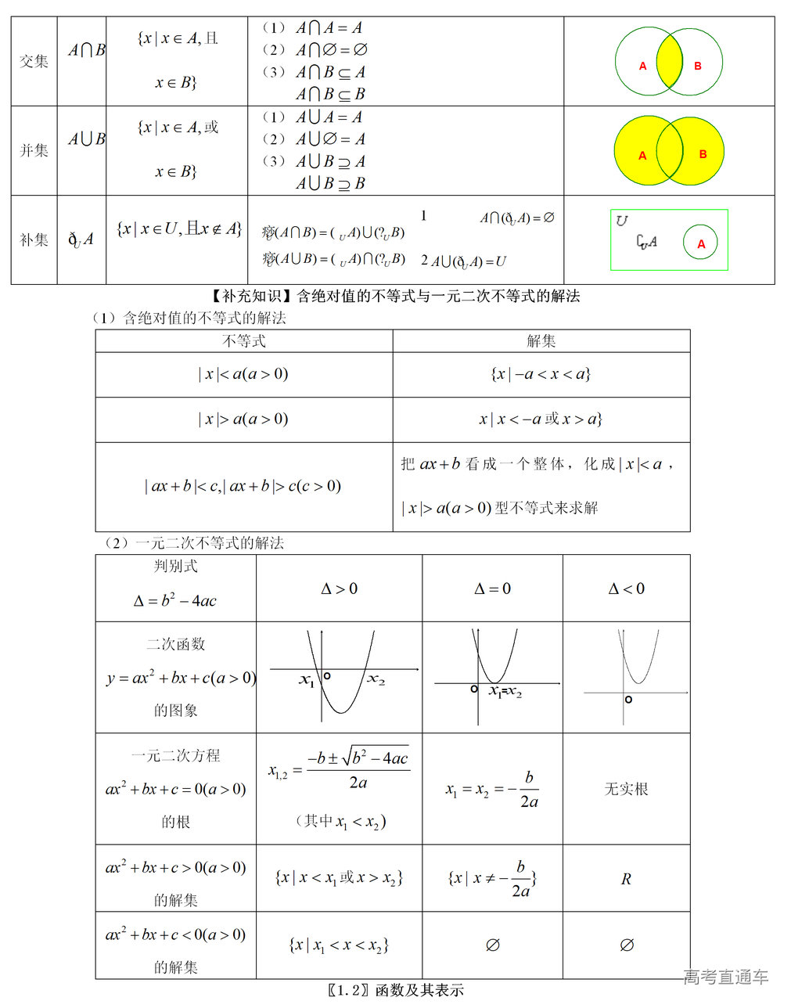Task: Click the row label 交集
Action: click(34, 62)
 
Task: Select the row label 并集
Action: click(34, 150)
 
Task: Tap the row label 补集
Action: click(34, 239)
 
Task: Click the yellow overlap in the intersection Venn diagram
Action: click(669, 62)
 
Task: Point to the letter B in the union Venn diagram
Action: click(703, 154)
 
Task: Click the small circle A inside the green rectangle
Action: click(701, 243)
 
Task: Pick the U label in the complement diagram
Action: click(621, 221)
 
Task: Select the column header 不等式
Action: click(244, 341)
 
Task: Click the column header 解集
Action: click(541, 341)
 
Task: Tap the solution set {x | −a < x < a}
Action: click(541, 374)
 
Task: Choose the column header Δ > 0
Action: click(339, 589)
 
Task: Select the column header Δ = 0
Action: click(492, 589)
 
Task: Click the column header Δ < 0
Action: click(626, 589)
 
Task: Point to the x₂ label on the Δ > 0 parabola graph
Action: click(376, 679)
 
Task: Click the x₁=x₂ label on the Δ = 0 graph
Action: click(505, 691)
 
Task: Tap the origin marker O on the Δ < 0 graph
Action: click(628, 699)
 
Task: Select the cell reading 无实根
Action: click(626, 789)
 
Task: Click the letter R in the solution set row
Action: click(626, 879)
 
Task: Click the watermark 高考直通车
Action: click(726, 977)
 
